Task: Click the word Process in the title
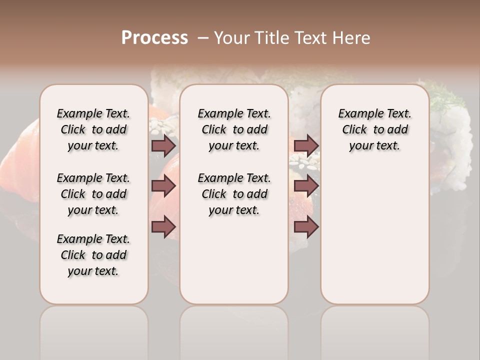(x=154, y=37)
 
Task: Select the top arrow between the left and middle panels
(x=163, y=145)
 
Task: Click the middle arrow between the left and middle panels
(x=163, y=186)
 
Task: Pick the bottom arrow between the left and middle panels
(x=163, y=226)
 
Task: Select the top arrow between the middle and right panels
(x=306, y=145)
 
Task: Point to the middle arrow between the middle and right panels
(x=306, y=186)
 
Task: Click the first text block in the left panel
(x=93, y=129)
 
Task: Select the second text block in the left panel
(x=93, y=194)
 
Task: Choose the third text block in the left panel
(x=93, y=255)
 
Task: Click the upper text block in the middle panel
(x=234, y=129)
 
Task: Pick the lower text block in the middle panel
(x=234, y=194)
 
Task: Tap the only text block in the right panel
(x=374, y=129)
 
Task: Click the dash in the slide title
(x=203, y=37)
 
